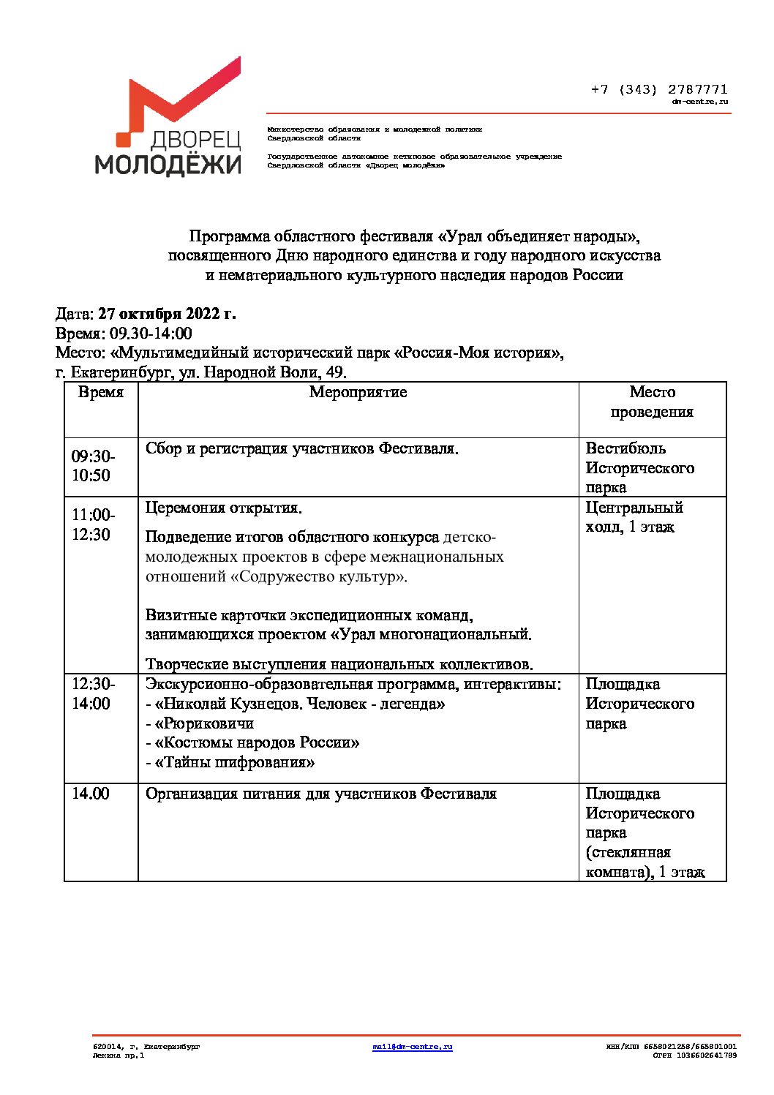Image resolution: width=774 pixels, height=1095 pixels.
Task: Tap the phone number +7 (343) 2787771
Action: click(x=658, y=90)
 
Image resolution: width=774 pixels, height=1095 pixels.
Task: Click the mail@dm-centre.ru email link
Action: click(x=412, y=1047)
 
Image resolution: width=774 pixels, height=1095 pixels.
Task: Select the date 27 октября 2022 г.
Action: click(x=167, y=314)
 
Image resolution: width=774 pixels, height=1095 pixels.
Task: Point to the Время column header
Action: click(x=101, y=392)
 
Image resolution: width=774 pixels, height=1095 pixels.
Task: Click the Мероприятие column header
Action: click(x=358, y=392)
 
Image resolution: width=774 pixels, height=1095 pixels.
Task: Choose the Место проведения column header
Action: click(x=652, y=402)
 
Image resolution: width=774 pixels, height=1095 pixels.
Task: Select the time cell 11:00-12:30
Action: click(x=92, y=524)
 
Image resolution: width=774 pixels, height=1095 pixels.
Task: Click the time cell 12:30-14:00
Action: click(x=92, y=693)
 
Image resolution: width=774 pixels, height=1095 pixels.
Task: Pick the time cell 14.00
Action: click(x=90, y=794)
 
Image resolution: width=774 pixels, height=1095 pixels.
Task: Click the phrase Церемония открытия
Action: click(x=224, y=508)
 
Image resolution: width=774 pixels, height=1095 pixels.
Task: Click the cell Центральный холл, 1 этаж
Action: click(x=634, y=517)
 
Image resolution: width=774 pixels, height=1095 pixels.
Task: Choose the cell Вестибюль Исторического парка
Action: click(x=639, y=467)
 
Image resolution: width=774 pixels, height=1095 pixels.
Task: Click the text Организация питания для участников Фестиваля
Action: click(x=321, y=794)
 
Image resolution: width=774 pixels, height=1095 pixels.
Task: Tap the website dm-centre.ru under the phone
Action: click(x=700, y=102)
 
